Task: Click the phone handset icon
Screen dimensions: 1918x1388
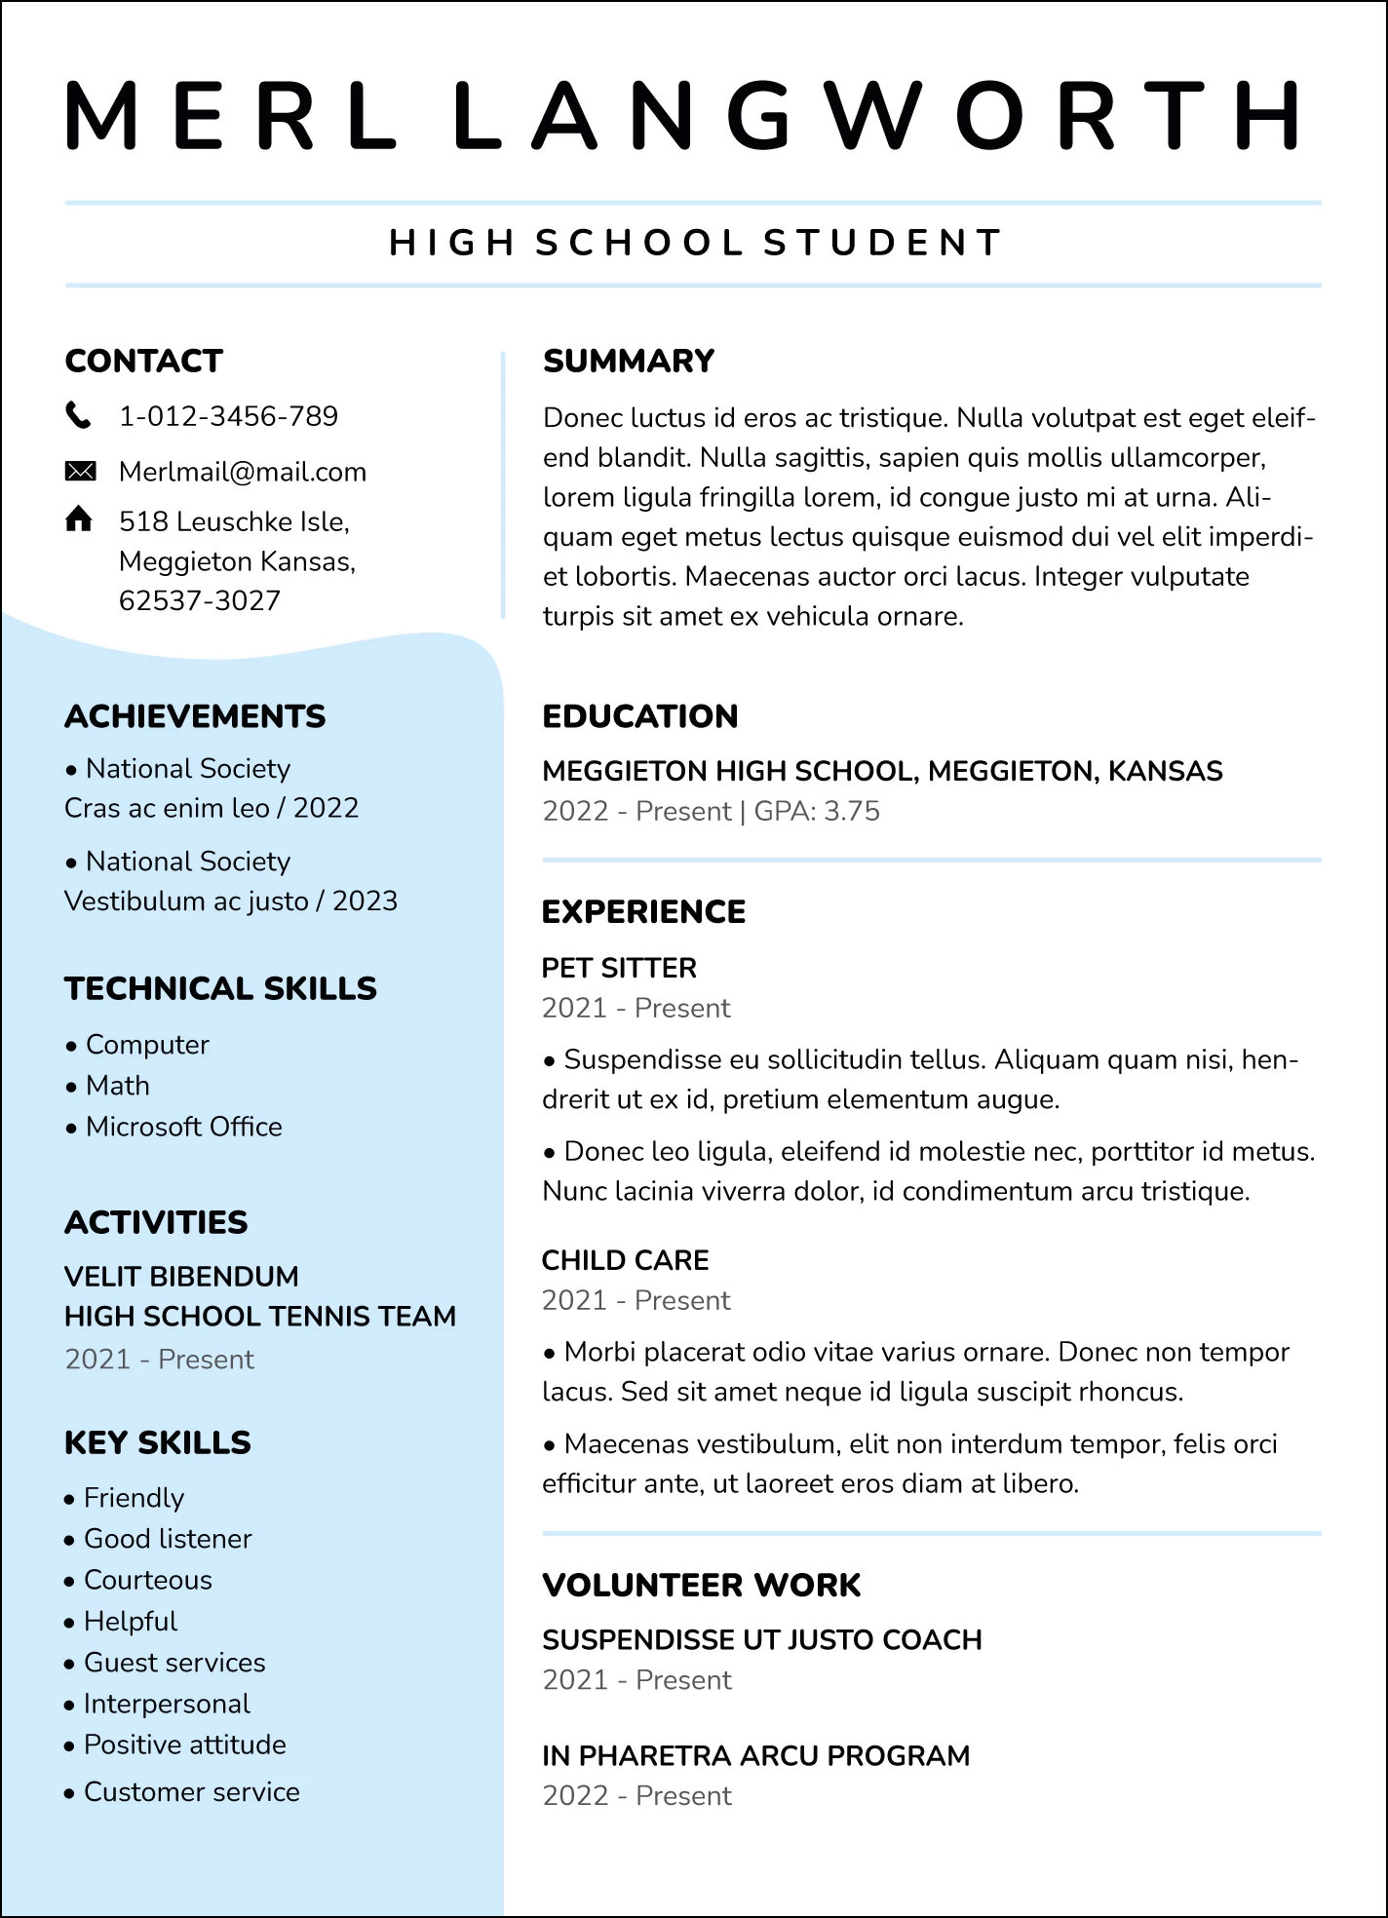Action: click(78, 415)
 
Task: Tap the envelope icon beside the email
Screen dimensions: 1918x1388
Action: click(80, 472)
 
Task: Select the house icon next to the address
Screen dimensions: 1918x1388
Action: click(79, 519)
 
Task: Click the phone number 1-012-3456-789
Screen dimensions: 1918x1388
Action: click(228, 416)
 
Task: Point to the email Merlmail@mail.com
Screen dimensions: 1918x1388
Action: click(243, 472)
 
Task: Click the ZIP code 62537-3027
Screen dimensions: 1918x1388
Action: click(200, 600)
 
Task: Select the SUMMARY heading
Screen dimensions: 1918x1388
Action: click(629, 361)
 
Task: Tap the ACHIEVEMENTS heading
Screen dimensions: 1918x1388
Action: click(195, 716)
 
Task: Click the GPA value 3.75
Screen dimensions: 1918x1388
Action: click(850, 811)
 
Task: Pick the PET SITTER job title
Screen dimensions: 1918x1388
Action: click(619, 968)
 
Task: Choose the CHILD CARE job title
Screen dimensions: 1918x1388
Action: click(625, 1260)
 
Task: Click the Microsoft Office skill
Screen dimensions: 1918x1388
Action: click(183, 1127)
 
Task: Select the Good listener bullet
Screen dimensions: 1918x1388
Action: click(168, 1539)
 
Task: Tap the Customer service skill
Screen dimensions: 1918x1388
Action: click(191, 1791)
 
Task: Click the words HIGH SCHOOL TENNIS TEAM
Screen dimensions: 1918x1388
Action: click(260, 1316)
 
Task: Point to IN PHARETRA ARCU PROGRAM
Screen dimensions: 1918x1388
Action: click(755, 1755)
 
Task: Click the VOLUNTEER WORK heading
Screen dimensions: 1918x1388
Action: click(702, 1585)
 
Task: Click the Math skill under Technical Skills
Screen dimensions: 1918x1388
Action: click(118, 1086)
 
